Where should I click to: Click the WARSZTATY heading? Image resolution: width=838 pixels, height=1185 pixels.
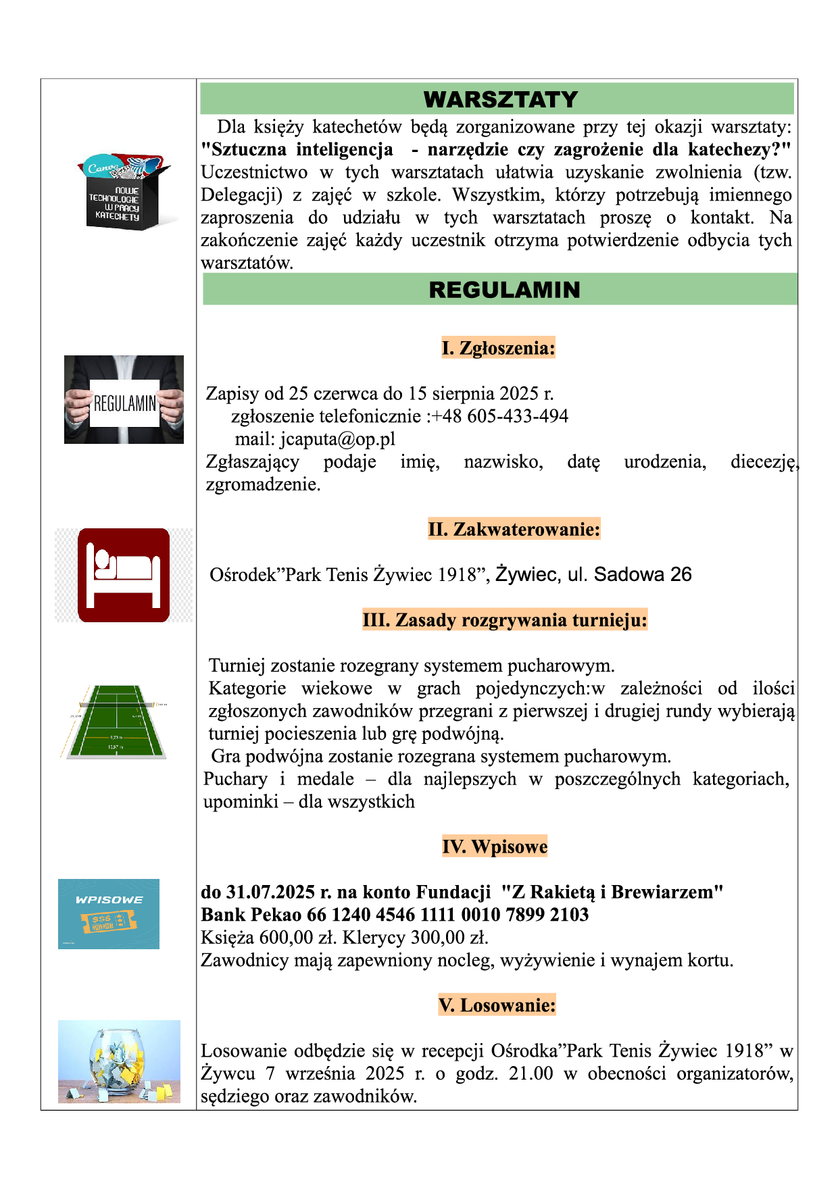pyautogui.click(x=500, y=99)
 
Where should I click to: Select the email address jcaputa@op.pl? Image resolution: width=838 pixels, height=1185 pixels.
pyautogui.click(x=338, y=439)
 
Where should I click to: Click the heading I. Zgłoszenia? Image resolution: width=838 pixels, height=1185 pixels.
pyautogui.click(x=498, y=348)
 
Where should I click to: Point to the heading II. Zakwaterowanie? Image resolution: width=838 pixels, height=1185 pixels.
pyautogui.click(x=514, y=529)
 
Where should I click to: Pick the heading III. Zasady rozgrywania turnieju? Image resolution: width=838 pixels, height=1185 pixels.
pyautogui.click(x=505, y=620)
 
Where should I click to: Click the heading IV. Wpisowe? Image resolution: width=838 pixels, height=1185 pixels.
pyautogui.click(x=495, y=847)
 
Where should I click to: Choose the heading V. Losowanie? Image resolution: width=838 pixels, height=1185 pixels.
pyautogui.click(x=497, y=1005)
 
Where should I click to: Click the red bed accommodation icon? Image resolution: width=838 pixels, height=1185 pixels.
pyautogui.click(x=124, y=575)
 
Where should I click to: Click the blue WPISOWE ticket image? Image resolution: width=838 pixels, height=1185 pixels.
pyautogui.click(x=109, y=914)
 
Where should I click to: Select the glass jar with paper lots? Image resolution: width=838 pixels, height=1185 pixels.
pyautogui.click(x=119, y=1061)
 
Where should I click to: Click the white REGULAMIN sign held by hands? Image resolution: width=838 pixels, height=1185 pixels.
pyautogui.click(x=124, y=403)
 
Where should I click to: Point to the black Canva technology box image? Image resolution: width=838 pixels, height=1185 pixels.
pyautogui.click(x=125, y=191)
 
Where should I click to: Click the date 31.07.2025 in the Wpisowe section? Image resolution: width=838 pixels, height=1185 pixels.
pyautogui.click(x=270, y=892)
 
